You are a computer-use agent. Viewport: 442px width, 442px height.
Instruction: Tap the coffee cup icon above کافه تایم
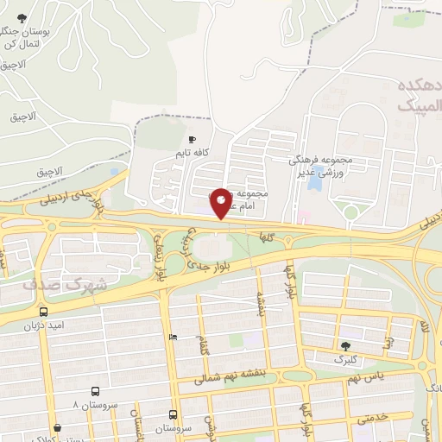click(x=192, y=139)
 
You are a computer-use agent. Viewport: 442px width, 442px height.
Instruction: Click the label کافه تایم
click(x=193, y=153)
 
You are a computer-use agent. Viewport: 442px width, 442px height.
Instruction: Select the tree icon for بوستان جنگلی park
click(x=22, y=18)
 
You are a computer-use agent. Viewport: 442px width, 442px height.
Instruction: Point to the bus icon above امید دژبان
click(x=43, y=312)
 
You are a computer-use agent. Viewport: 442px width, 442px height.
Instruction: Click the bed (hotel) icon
click(x=174, y=337)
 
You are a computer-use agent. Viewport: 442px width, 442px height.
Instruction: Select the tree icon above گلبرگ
click(x=345, y=345)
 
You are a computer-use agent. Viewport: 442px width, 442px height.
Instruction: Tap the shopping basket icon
click(x=57, y=426)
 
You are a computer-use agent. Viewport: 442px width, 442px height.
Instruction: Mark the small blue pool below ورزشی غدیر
click(x=315, y=184)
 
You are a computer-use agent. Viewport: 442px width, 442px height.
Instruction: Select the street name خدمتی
click(x=371, y=417)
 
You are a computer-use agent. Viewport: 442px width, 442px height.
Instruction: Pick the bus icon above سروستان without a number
click(x=174, y=414)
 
